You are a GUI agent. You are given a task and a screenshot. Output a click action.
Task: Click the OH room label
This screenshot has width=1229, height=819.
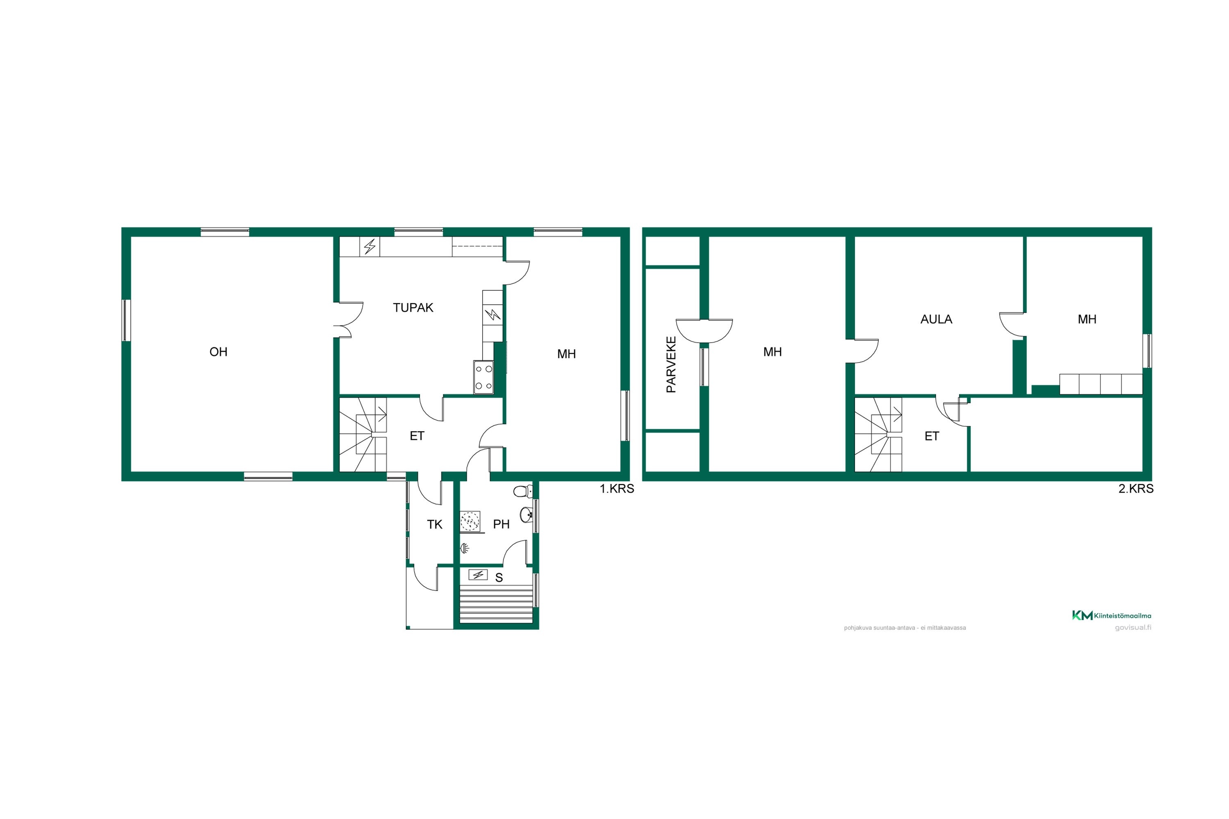point(218,352)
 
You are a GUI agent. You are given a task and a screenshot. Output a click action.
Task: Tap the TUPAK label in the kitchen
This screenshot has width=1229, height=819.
point(413,308)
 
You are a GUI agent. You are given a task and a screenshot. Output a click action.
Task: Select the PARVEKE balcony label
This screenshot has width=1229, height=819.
point(671,364)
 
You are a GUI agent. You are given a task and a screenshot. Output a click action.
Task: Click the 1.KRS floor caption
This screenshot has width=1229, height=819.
point(617,489)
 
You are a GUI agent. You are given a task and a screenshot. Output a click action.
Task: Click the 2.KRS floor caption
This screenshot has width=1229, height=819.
point(1136,489)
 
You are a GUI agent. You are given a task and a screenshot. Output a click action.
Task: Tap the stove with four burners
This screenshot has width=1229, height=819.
point(483,377)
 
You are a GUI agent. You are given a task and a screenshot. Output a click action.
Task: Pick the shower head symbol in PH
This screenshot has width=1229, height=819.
point(465,548)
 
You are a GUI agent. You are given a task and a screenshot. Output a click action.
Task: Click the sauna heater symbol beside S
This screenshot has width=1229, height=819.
point(478,575)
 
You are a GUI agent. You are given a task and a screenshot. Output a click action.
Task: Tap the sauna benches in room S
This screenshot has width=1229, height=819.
point(496,604)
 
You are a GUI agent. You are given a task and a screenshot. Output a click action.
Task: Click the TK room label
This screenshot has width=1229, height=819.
point(435,525)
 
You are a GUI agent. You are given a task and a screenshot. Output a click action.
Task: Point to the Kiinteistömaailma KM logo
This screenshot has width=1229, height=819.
point(1111,616)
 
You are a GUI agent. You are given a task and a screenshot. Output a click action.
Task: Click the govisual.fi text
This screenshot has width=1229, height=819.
point(1133,627)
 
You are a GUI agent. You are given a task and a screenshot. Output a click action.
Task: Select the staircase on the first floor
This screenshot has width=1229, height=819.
point(363,434)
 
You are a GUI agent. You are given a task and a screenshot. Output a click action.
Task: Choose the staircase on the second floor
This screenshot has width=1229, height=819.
point(878,434)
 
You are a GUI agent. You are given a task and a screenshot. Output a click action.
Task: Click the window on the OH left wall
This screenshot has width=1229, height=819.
point(126,320)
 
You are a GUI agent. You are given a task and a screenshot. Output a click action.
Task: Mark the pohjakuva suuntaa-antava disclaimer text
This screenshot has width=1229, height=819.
point(905,628)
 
